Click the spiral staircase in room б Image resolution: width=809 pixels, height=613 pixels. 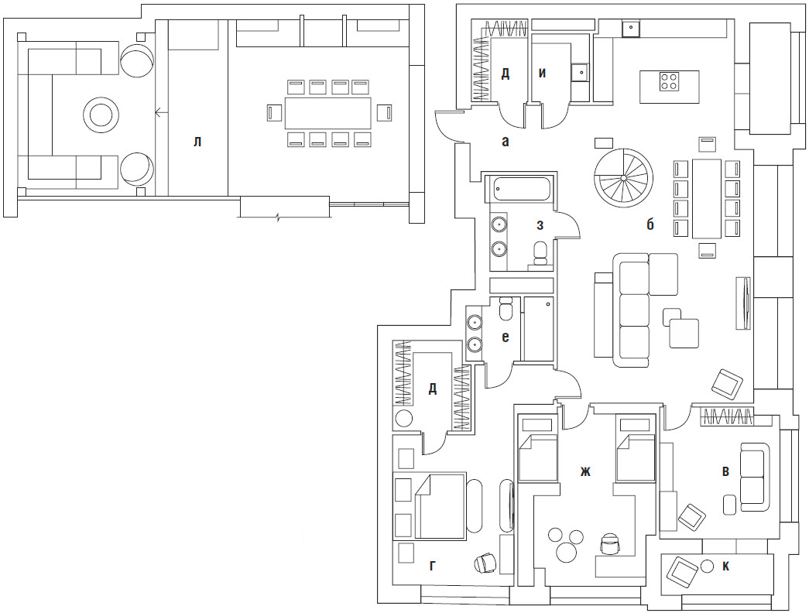coord(623,177)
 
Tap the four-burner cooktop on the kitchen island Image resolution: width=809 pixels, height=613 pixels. coord(669,82)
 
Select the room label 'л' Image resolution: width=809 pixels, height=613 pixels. coord(197,142)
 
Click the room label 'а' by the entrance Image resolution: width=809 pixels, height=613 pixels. coord(505,142)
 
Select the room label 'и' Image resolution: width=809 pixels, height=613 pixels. coord(542,74)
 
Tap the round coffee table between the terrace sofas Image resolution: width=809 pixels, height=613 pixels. coord(101,114)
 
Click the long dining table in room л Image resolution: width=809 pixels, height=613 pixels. coord(327,112)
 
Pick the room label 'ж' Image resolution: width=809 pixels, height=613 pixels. coord(585,471)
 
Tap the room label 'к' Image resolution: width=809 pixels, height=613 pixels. coord(726,567)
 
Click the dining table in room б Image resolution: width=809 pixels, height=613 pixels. coord(706,199)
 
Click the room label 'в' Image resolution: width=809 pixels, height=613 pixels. coord(726,471)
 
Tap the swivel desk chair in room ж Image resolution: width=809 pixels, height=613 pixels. coord(610,544)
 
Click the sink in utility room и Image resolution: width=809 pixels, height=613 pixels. coord(581,72)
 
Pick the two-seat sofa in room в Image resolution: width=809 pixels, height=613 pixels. coord(752,474)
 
